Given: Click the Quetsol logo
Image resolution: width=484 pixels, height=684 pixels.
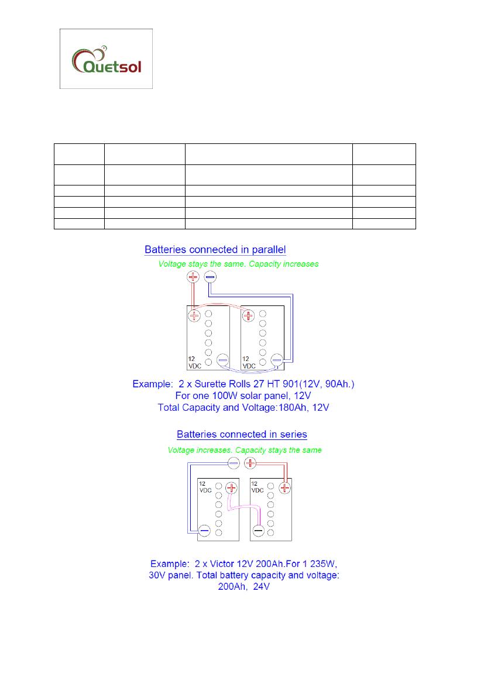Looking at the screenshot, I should [106, 59].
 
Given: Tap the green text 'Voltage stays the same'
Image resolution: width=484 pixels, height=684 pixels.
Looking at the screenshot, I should [202, 264].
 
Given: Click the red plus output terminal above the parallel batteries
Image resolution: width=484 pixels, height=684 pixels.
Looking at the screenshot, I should [193, 276].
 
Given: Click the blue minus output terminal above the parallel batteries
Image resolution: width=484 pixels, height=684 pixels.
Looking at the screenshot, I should [210, 276].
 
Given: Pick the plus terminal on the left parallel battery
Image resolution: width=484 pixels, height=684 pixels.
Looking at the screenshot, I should [194, 316].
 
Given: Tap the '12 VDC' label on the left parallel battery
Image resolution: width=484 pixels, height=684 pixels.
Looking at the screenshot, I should [194, 362].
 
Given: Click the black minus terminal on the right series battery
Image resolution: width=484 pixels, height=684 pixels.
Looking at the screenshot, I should [258, 531].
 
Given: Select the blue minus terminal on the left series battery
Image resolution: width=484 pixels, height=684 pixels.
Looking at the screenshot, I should [204, 531].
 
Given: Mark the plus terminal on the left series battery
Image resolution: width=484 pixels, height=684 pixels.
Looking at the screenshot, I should [232, 487].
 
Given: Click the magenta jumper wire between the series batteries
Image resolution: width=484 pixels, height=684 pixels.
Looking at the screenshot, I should [245, 510].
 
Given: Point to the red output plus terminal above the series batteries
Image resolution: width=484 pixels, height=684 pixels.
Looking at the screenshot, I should [250, 463].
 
